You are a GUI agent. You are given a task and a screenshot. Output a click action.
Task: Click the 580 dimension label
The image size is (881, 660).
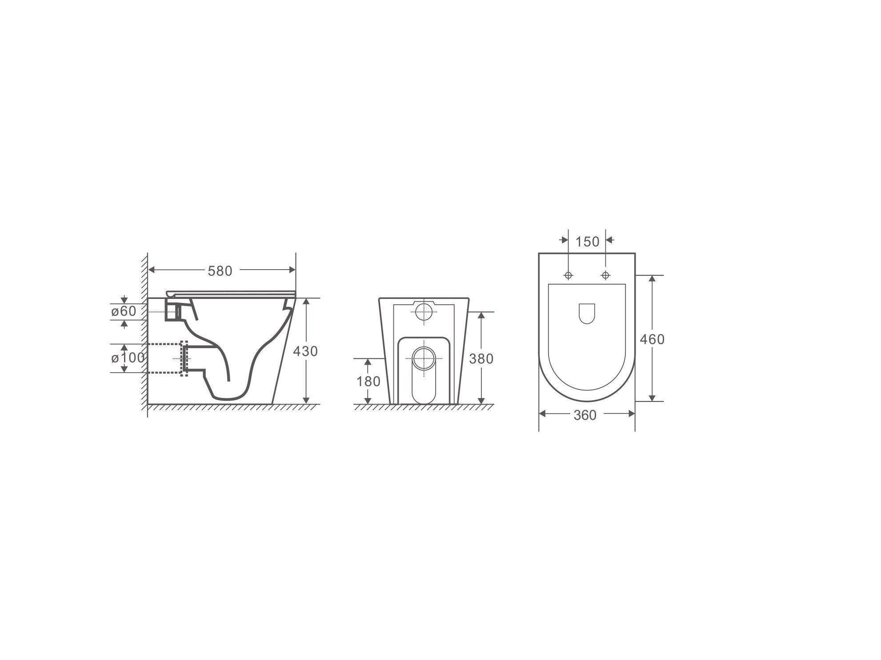pos(220,271)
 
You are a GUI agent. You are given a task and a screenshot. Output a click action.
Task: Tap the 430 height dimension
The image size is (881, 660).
pos(305,351)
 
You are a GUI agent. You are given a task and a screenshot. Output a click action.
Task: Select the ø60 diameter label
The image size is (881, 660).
pos(124,311)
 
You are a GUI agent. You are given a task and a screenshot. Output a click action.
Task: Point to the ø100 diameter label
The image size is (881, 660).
pos(128,358)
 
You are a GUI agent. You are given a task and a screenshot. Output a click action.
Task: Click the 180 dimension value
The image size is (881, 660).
pos(368,382)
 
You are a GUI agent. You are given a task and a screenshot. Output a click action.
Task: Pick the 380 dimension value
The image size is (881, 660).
pos(481,358)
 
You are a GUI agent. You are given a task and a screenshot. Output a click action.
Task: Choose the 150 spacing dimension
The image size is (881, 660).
pos(588,242)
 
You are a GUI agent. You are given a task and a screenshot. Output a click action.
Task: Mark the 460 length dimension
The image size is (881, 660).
pos(652,339)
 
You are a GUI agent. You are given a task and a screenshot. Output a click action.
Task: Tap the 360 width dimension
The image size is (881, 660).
pos(585,415)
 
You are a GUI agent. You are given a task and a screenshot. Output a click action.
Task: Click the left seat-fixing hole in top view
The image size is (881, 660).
pos(568,275)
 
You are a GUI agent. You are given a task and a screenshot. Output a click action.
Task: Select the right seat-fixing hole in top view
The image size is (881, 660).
pos(605,275)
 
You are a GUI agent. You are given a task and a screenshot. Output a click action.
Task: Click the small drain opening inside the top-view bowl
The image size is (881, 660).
pos(587,314)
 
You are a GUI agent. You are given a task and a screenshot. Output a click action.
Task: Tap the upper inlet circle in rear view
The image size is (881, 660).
pos(424,311)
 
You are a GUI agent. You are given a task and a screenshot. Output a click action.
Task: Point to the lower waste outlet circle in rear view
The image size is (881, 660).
pos(424,358)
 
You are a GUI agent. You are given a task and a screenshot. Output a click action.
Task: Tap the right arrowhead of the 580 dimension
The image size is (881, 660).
pos(292,270)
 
